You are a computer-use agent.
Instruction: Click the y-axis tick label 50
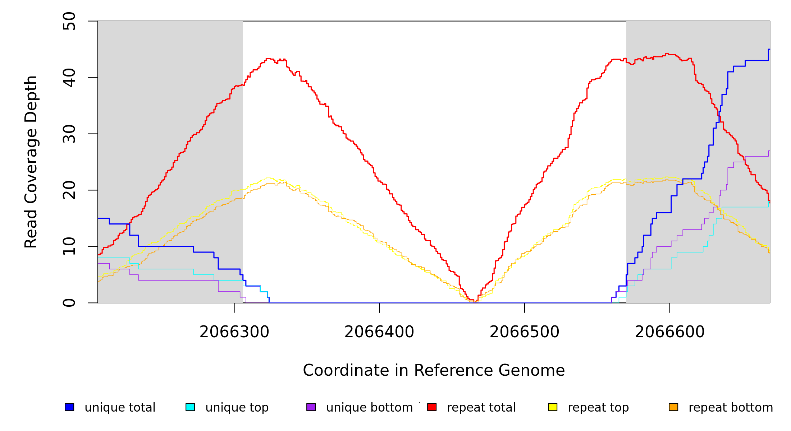(69, 21)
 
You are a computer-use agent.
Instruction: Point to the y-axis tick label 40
(69, 78)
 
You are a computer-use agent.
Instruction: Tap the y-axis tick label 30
(69, 134)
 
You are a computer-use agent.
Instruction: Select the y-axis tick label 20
(69, 190)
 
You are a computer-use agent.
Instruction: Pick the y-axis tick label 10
(69, 246)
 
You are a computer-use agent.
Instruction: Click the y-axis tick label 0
(69, 303)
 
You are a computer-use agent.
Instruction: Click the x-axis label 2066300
(234, 332)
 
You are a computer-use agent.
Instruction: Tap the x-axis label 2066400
(379, 332)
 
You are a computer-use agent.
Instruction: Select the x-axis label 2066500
(525, 332)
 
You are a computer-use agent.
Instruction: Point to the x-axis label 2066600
(669, 332)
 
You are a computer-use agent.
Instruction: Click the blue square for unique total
(69, 407)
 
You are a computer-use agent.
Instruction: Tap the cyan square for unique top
(190, 407)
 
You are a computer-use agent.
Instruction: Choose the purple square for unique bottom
(311, 407)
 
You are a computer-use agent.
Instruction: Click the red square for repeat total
(432, 407)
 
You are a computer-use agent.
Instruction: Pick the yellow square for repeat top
(553, 407)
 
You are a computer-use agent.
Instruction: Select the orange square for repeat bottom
(673, 407)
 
